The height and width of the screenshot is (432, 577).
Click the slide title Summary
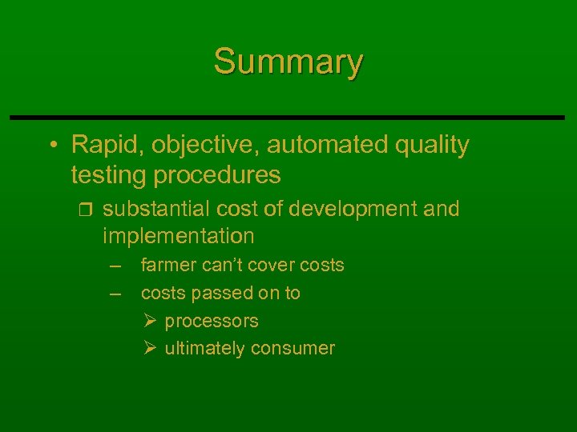288,62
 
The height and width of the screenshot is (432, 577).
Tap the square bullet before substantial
87,210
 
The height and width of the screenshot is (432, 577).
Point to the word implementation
178,236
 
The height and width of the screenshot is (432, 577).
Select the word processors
212,322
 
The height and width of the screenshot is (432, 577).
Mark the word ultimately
205,348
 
